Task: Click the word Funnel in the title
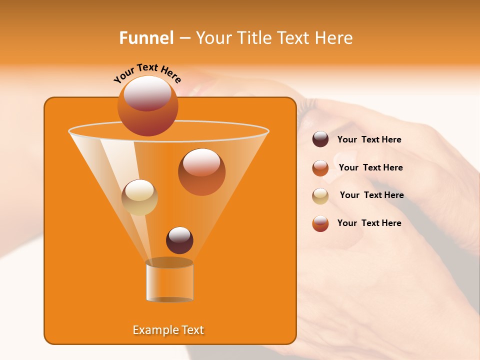(146, 38)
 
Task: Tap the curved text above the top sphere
(147, 72)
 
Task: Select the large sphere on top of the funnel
(147, 105)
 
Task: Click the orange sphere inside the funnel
(201, 172)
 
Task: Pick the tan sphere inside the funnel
(139, 197)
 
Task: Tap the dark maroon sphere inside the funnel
(179, 240)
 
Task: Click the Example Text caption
(168, 330)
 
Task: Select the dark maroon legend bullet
(320, 139)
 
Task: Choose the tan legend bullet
(320, 196)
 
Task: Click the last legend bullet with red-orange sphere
(320, 223)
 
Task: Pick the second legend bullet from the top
(320, 168)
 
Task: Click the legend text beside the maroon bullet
(369, 140)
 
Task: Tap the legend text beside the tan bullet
(371, 195)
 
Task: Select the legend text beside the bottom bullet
(369, 223)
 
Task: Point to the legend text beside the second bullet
(370, 167)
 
